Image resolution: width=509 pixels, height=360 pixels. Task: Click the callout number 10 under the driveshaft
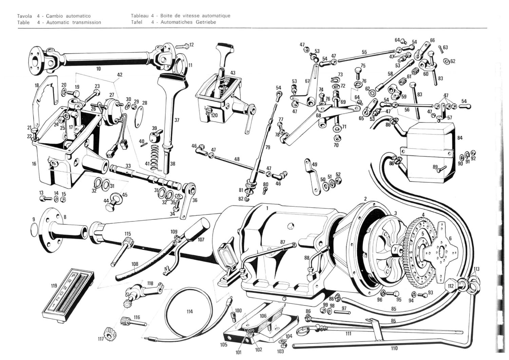point(98,69)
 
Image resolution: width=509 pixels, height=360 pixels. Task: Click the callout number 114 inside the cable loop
point(189,312)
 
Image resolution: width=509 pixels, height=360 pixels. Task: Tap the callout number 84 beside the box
point(460,138)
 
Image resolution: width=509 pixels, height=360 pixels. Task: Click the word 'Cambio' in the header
point(54,16)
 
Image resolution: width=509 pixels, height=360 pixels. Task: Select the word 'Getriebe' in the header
point(205,22)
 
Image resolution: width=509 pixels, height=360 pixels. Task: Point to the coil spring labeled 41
point(155,156)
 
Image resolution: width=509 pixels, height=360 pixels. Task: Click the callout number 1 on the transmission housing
point(267,208)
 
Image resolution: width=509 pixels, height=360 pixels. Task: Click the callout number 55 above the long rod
point(364,52)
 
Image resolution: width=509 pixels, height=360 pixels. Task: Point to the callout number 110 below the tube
point(394,348)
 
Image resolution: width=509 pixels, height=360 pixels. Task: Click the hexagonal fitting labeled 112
point(451,286)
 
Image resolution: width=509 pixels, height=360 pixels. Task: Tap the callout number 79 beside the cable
point(268,147)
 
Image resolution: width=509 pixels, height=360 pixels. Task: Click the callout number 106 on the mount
point(263,316)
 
